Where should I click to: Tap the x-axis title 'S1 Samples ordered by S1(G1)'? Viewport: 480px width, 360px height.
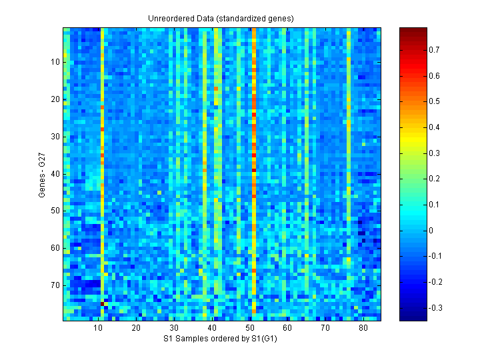[x=221, y=339]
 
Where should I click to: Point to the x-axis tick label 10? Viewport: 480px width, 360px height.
[x=98, y=329]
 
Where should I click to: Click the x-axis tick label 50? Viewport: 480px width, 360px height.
[x=249, y=329]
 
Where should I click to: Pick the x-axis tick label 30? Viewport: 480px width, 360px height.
[x=174, y=329]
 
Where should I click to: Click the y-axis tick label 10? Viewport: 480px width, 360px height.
[x=55, y=62]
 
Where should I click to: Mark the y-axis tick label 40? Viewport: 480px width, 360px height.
[x=55, y=173]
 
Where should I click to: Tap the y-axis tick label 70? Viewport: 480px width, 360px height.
[x=55, y=285]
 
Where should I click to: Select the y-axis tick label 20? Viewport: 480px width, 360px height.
[x=55, y=99]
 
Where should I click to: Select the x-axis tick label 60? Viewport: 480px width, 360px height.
[x=287, y=329]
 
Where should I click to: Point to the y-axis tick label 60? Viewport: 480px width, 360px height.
[x=55, y=248]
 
